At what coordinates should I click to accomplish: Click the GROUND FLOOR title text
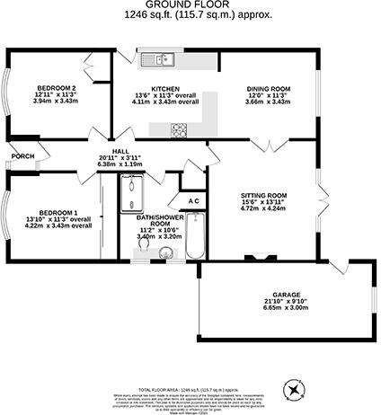point(190,5)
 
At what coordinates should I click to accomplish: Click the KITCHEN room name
point(164,87)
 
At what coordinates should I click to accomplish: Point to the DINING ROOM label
point(269,88)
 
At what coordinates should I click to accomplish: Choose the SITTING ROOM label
point(263,195)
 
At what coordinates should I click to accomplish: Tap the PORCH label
point(22,156)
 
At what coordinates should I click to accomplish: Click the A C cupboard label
point(194,201)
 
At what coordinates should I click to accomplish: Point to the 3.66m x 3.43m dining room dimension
point(269,102)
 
